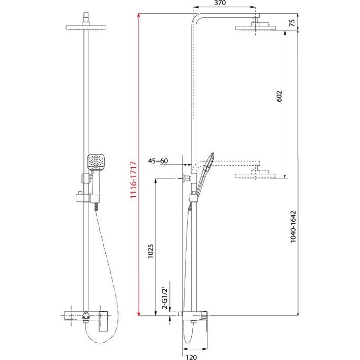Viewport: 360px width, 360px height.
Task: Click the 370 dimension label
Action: (220, 3)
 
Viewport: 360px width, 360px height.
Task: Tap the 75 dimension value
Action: (292, 23)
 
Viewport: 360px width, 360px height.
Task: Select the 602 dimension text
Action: (279, 97)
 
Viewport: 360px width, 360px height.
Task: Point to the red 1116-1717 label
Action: (133, 179)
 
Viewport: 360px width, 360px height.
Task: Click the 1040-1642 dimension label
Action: (293, 227)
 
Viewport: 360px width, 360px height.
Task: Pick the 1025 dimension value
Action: (150, 251)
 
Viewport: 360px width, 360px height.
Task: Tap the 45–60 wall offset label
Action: (158, 161)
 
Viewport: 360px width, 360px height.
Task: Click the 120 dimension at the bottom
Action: (192, 357)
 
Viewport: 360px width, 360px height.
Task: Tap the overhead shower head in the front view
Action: (86, 27)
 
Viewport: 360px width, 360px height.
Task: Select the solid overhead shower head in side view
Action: (255, 28)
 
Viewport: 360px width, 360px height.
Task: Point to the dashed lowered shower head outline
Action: (255, 175)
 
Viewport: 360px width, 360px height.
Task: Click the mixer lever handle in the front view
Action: (103, 321)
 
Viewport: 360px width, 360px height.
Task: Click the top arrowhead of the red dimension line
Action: (138, 16)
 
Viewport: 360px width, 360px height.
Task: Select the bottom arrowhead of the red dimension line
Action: (139, 314)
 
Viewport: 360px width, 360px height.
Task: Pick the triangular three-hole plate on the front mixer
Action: (85, 315)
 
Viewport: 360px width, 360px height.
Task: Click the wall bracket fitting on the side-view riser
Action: (186, 177)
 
